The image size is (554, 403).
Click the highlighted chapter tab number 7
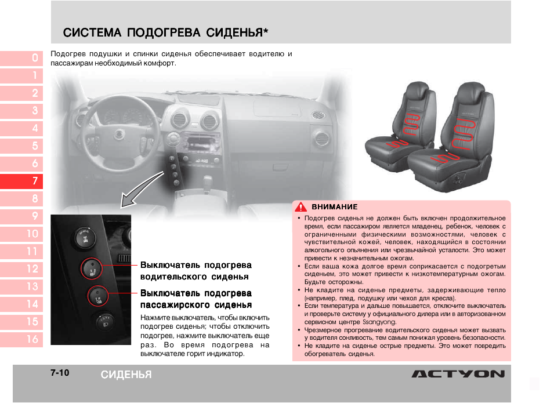point(34,181)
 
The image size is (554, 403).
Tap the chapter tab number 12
point(32,269)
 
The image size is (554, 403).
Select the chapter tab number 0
point(34,58)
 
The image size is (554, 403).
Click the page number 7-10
point(59,373)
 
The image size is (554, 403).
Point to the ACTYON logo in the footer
point(458,374)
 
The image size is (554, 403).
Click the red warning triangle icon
point(300,206)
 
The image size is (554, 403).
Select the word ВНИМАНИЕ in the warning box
point(335,206)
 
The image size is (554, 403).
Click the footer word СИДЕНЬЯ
point(126,375)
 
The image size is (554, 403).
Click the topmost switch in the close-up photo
point(85,238)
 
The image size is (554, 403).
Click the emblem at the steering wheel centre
point(118,134)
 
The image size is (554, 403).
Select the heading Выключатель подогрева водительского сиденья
point(195,271)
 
